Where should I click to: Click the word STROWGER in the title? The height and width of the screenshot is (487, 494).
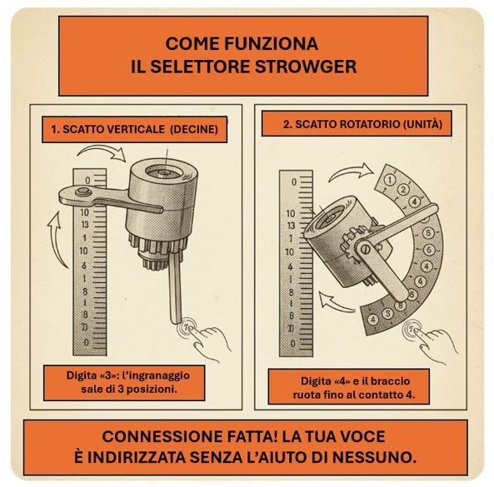[x=305, y=67]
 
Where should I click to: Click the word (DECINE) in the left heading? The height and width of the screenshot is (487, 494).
[x=194, y=129]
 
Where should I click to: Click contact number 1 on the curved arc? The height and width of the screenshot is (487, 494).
[x=390, y=180]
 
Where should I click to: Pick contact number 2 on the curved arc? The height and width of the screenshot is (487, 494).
[x=403, y=190]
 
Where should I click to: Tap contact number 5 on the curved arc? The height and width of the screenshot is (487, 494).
[x=388, y=314]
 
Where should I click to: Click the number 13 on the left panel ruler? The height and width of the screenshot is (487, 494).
[x=85, y=225]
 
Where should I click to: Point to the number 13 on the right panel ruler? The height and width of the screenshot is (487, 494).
[x=291, y=226]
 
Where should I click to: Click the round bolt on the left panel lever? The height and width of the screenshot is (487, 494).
[x=82, y=191]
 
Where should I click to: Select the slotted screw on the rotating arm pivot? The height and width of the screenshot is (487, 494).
[x=365, y=248]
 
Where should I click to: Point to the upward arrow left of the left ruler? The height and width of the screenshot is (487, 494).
[x=57, y=239]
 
